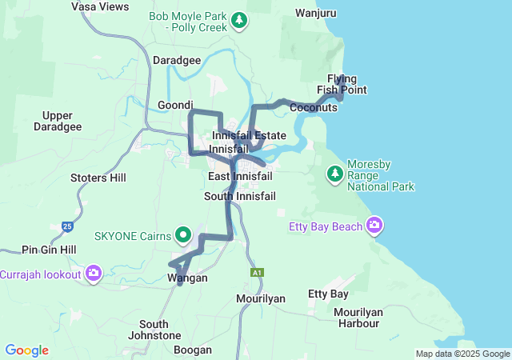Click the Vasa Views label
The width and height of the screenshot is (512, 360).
pyautogui.click(x=100, y=6)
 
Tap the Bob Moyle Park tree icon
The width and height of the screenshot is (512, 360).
pyautogui.click(x=238, y=19)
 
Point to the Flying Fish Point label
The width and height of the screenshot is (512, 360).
pyautogui.click(x=342, y=84)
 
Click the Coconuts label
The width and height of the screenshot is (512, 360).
pyautogui.click(x=314, y=107)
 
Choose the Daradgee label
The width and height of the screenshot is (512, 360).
pyautogui.click(x=177, y=60)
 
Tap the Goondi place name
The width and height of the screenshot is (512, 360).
pyautogui.click(x=176, y=105)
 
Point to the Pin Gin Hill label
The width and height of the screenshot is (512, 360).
pyautogui.click(x=49, y=250)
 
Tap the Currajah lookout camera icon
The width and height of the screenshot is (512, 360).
pyautogui.click(x=94, y=274)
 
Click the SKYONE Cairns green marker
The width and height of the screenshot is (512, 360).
pyautogui.click(x=184, y=236)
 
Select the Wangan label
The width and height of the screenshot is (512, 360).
pyautogui.click(x=187, y=278)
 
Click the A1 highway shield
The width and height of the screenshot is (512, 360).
pyautogui.click(x=257, y=273)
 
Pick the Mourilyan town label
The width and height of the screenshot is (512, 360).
pyautogui.click(x=261, y=298)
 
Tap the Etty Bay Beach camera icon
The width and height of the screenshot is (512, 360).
pyautogui.click(x=374, y=226)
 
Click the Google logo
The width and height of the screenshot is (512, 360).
pyautogui.click(x=26, y=350)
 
